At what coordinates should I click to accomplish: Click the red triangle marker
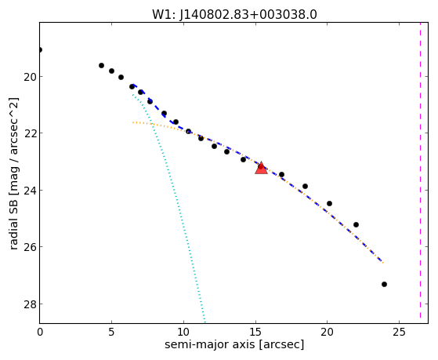click(261, 168)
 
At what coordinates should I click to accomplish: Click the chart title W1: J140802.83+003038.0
click(234, 15)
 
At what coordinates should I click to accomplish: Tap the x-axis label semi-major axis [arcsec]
click(234, 344)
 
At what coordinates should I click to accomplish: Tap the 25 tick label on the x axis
click(399, 332)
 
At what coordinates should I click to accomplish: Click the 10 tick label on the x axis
click(183, 332)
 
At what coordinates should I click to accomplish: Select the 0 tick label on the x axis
click(40, 332)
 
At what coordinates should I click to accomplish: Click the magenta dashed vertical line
click(420, 170)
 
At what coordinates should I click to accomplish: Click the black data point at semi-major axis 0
click(40, 50)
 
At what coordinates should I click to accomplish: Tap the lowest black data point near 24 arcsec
click(384, 284)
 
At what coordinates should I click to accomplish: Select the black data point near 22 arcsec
click(356, 224)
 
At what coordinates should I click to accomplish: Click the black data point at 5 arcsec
click(111, 71)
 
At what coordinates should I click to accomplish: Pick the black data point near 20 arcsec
click(329, 203)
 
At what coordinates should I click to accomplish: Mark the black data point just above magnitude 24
click(305, 187)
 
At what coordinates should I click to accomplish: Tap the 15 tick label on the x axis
click(255, 332)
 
